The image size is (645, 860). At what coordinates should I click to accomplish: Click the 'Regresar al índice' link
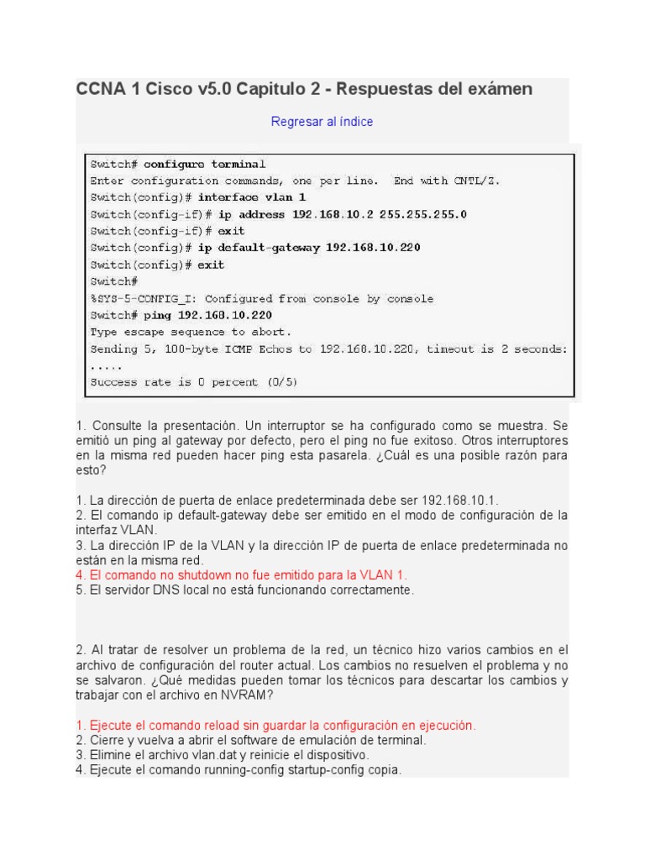click(322, 122)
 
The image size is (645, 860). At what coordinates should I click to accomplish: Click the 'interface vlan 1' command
click(241, 197)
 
